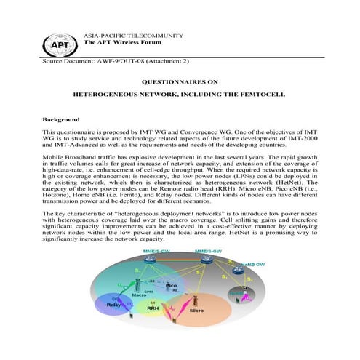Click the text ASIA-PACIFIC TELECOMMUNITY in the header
(x=134, y=35)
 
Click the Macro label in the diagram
(x=139, y=295)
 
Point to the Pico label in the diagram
(x=171, y=286)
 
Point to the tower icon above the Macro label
(x=139, y=284)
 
